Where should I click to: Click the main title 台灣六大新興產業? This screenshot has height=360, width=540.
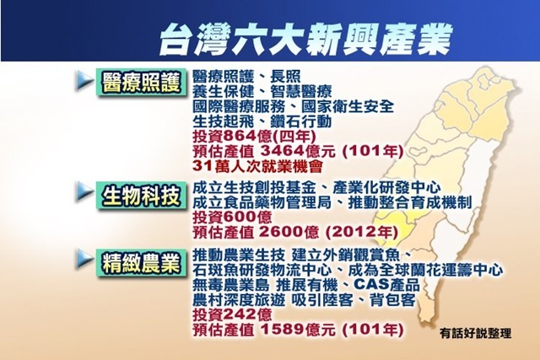305,40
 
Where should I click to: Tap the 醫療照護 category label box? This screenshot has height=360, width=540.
141,83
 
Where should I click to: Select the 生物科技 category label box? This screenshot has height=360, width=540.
141,196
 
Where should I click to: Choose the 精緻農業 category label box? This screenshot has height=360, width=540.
141,265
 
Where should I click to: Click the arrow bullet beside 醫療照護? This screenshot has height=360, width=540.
84,81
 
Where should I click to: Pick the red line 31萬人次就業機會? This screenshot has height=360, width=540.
257,167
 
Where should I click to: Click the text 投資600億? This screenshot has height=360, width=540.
232,218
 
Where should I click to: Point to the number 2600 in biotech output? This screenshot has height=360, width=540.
282,233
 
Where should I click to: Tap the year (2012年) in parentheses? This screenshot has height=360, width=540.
361,233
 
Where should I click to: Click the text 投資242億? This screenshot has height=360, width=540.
232,314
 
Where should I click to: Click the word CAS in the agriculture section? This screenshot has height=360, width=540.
370,285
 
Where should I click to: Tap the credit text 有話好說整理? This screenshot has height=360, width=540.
475,333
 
